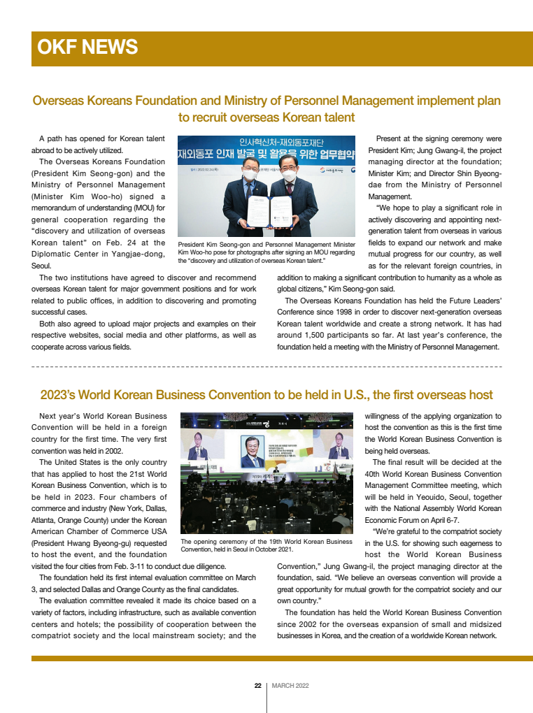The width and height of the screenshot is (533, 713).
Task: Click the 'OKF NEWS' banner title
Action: (x=87, y=48)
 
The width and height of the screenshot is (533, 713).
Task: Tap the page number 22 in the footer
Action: (x=257, y=685)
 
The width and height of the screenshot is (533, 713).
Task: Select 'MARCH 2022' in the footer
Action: (x=290, y=685)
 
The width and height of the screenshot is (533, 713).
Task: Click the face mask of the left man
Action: (x=249, y=177)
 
